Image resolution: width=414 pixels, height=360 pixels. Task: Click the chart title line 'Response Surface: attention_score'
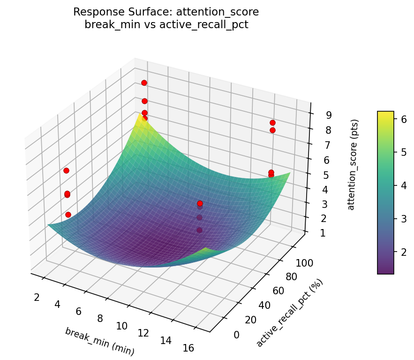[166, 12]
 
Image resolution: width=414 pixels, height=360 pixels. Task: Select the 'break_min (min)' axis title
[99, 341]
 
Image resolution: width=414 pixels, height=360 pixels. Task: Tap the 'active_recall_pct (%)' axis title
[289, 314]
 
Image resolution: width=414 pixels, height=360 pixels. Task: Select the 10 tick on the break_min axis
[121, 326]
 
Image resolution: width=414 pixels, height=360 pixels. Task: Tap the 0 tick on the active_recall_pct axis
[236, 334]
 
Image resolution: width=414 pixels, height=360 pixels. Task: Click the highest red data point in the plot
[144, 83]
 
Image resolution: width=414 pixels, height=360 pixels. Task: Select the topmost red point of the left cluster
[66, 170]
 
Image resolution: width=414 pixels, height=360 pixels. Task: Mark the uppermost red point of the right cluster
[272, 123]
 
